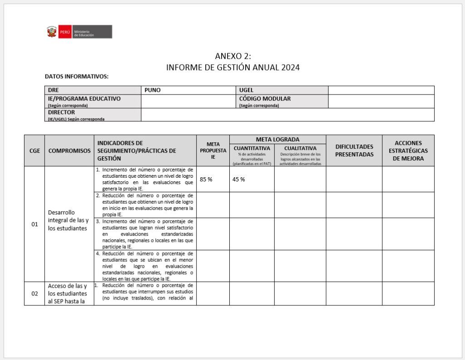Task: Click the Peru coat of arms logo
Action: pyautogui.click(x=52, y=32)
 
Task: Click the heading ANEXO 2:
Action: pyautogui.click(x=232, y=56)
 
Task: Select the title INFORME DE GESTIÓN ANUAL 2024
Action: pyautogui.click(x=232, y=68)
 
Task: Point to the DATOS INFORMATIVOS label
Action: pyautogui.click(x=77, y=76)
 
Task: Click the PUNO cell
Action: pyautogui.click(x=153, y=90)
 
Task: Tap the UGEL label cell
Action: pyautogui.click(x=246, y=90)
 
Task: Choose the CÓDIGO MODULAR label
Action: pyautogui.click(x=265, y=99)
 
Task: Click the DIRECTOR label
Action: pyautogui.click(x=61, y=112)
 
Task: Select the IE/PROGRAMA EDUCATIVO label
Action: pyautogui.click(x=84, y=99)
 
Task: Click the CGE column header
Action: pyautogui.click(x=35, y=150)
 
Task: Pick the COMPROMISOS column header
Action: pyautogui.click(x=69, y=150)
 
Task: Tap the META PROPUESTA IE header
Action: pyautogui.click(x=213, y=150)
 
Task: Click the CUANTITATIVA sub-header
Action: pyautogui.click(x=252, y=148)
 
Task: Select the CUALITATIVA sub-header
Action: pyautogui.click(x=300, y=148)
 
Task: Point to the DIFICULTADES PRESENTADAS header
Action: pyautogui.click(x=354, y=150)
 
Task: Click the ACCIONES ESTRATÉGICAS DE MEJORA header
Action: pyautogui.click(x=408, y=150)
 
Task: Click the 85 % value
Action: pyautogui.click(x=206, y=179)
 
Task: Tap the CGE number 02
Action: pyautogui.click(x=35, y=294)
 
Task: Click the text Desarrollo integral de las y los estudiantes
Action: pyautogui.click(x=68, y=220)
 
